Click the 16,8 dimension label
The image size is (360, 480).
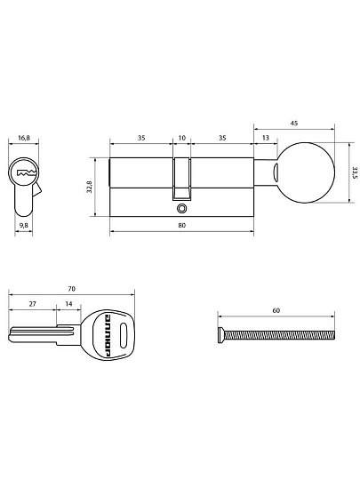tap(24, 138)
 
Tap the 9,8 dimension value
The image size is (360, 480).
tap(24, 226)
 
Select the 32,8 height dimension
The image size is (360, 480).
tap(90, 187)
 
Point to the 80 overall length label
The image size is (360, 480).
tap(182, 225)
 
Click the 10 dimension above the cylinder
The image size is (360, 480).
tap(182, 138)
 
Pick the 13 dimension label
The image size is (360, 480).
tap(266, 138)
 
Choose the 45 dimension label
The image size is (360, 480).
tap(294, 124)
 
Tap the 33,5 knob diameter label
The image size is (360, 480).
tap(355, 173)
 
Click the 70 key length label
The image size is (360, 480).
tap(71, 289)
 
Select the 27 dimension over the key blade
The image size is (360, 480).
tap(33, 304)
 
